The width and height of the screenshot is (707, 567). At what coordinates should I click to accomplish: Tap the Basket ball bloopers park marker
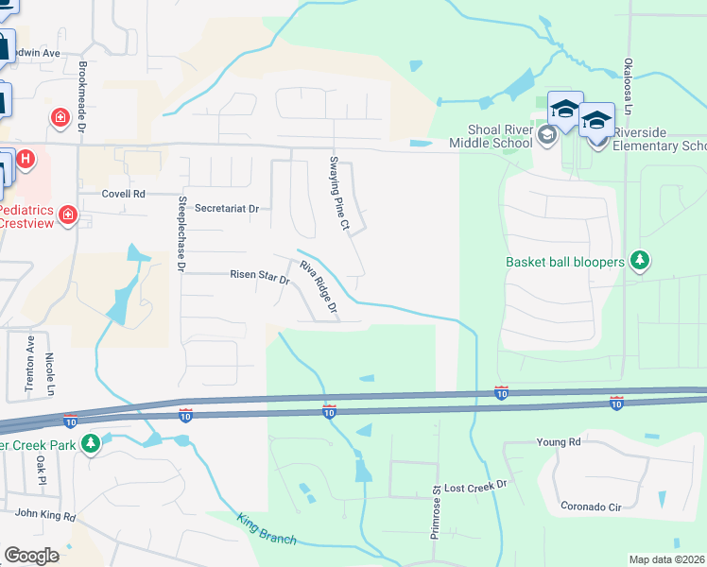click(x=640, y=260)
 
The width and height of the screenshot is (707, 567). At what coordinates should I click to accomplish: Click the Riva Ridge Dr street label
click(x=319, y=287)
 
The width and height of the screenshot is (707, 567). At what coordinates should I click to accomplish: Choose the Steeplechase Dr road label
click(x=183, y=233)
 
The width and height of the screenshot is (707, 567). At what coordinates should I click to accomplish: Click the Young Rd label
click(x=558, y=441)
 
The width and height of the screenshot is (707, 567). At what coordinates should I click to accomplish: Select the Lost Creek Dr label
click(x=475, y=484)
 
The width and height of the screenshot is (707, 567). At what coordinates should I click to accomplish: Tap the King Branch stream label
click(x=267, y=529)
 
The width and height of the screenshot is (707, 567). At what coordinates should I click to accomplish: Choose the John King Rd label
click(x=43, y=516)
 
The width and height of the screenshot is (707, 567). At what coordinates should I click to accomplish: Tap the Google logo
click(x=32, y=555)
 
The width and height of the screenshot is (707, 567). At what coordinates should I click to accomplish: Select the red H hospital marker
click(x=26, y=159)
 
